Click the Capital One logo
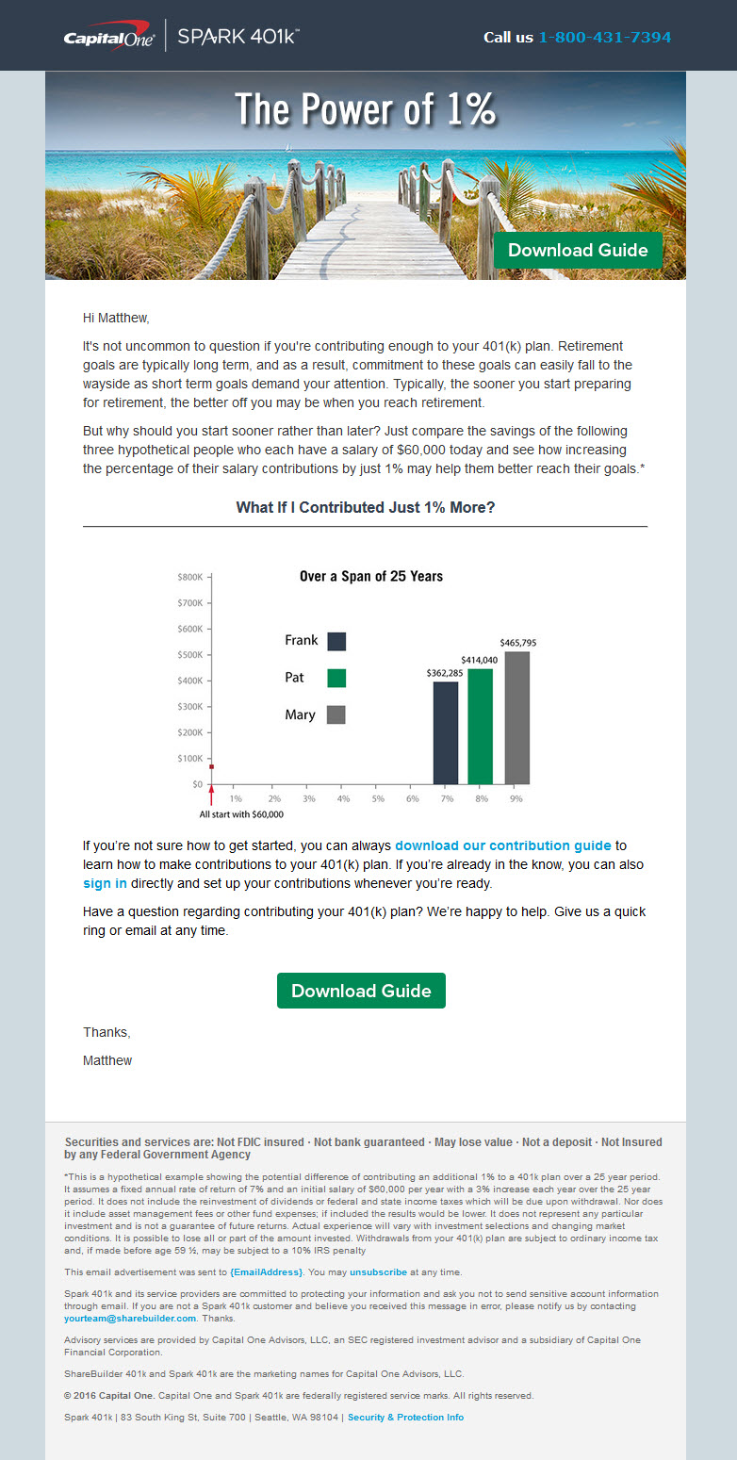(109, 38)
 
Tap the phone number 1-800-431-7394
(604, 38)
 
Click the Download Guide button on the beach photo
(578, 250)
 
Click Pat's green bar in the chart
(481, 726)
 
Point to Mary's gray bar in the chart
(516, 717)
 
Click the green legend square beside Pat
(336, 678)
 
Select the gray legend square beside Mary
(336, 714)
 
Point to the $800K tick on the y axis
(189, 576)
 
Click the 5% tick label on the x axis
(378, 798)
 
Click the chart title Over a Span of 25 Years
(370, 576)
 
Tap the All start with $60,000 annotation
(241, 813)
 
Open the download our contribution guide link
(503, 845)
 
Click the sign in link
(105, 883)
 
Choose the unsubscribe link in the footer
(378, 1271)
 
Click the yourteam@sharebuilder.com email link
(130, 1319)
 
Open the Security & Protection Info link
(405, 1417)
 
